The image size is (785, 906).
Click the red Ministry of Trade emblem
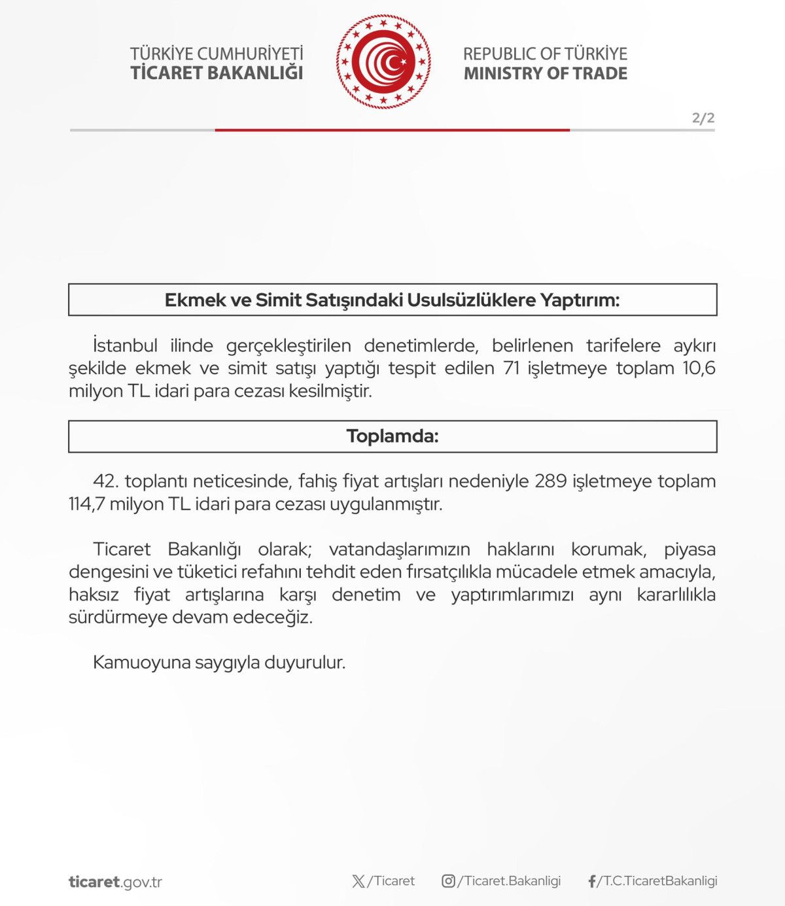tap(383, 62)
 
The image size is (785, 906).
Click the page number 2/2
tap(703, 118)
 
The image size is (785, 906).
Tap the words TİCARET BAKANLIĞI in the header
tap(217, 73)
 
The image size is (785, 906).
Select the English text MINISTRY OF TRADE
tap(545, 73)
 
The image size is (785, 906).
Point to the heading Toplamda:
tap(392, 436)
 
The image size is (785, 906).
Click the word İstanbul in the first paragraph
tap(125, 345)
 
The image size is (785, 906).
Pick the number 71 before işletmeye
tap(512, 368)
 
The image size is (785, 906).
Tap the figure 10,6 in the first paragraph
tap(699, 368)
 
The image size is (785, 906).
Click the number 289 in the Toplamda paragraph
tap(551, 481)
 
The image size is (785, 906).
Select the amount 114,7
tap(86, 504)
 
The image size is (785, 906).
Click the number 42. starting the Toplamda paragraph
tap(105, 481)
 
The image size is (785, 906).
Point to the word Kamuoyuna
tap(135, 663)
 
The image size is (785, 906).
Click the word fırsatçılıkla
tap(444, 572)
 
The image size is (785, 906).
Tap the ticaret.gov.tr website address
tap(115, 882)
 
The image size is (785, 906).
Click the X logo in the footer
tap(358, 881)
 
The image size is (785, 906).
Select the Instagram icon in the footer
tap(448, 881)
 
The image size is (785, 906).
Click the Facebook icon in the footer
tap(591, 882)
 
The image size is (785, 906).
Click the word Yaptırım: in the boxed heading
tap(579, 300)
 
